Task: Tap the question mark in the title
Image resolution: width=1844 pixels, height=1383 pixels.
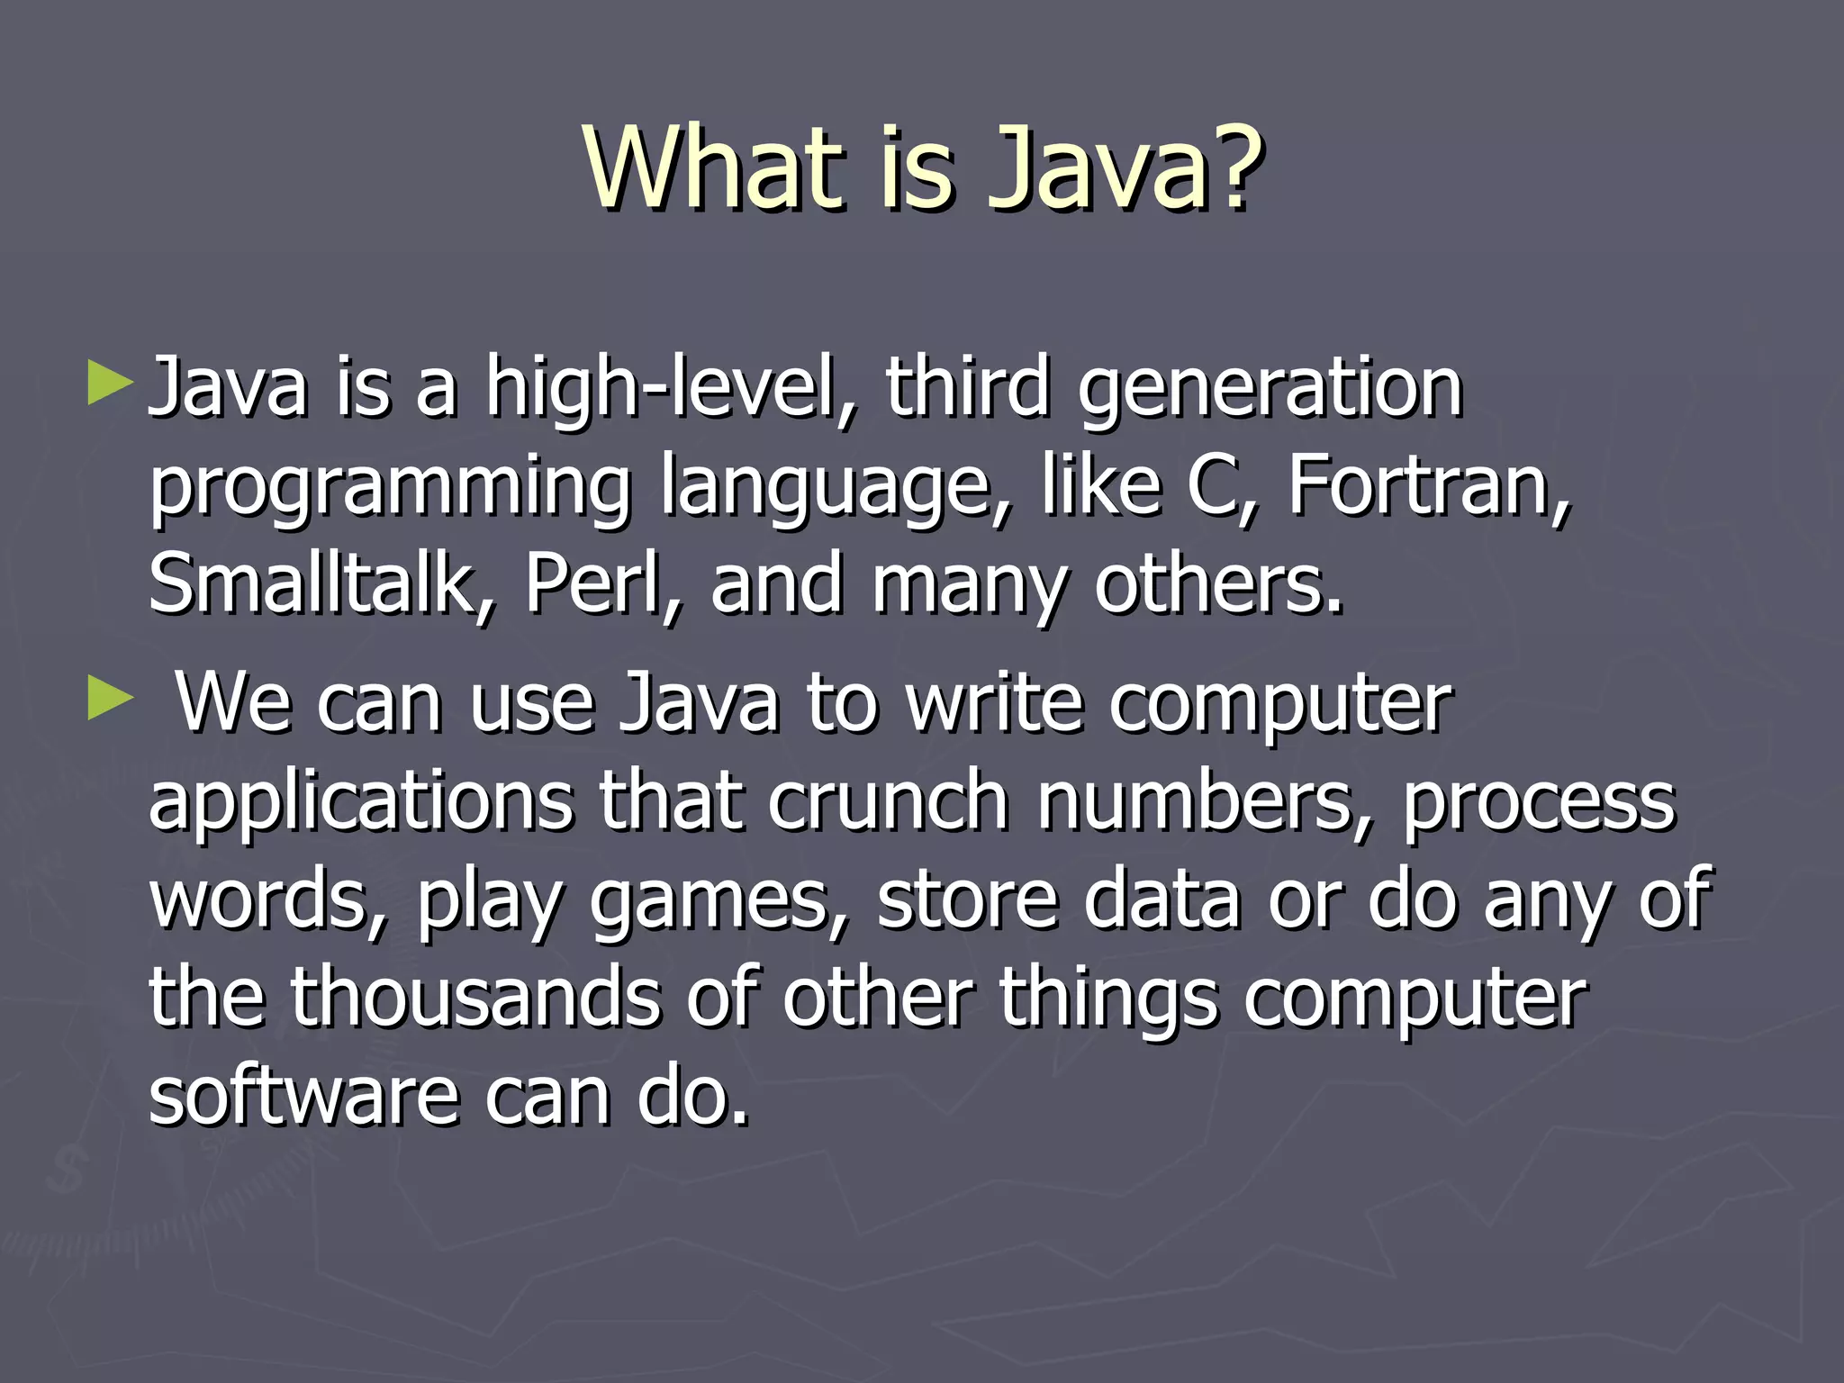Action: [1236, 168]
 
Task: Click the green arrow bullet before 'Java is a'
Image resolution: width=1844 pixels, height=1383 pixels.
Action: [111, 384]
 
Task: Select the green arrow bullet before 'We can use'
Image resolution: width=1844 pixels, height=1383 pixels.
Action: [111, 700]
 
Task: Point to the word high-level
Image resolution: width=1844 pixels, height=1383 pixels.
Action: [671, 389]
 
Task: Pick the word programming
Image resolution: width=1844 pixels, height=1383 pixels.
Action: [391, 491]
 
